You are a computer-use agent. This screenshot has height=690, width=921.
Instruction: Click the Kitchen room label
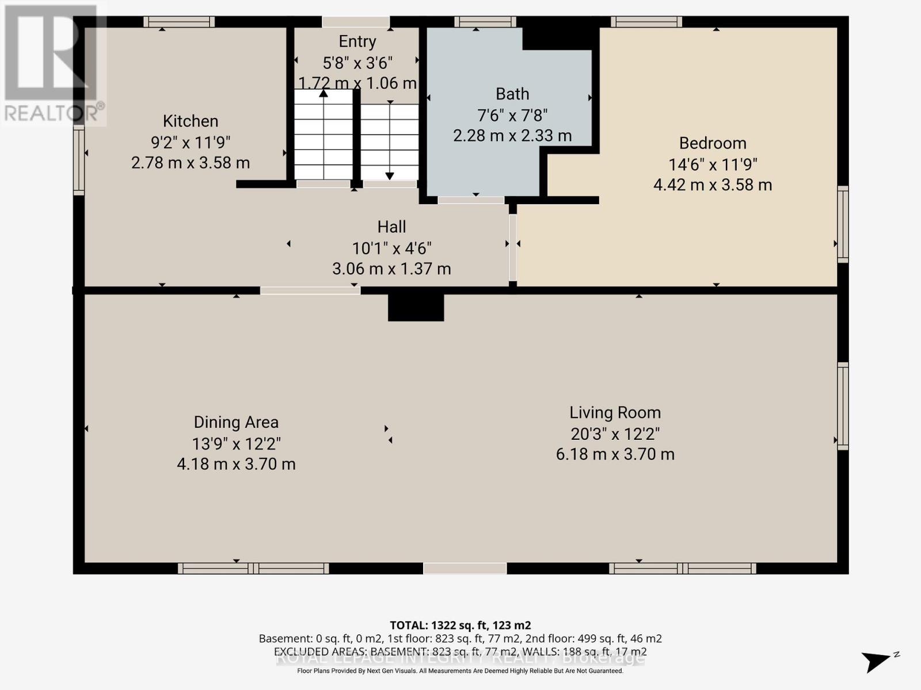pyautogui.click(x=191, y=121)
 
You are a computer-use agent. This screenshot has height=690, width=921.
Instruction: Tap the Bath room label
pyautogui.click(x=512, y=94)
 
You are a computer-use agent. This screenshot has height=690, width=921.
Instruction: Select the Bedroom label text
pyautogui.click(x=713, y=143)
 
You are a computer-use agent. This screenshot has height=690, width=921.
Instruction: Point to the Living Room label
pyautogui.click(x=615, y=413)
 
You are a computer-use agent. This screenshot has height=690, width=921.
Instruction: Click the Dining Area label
pyautogui.click(x=236, y=423)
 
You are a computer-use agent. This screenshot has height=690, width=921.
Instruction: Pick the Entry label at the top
pyautogui.click(x=357, y=41)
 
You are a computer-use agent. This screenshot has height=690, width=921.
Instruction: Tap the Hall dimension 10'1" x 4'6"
pyautogui.click(x=392, y=248)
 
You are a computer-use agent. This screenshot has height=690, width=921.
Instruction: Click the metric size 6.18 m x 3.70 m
pyautogui.click(x=615, y=454)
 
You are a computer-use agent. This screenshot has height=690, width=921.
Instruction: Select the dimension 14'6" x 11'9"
pyautogui.click(x=713, y=164)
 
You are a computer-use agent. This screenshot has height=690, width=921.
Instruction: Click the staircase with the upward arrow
pyautogui.click(x=324, y=135)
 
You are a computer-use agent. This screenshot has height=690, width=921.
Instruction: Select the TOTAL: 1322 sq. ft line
pyautogui.click(x=460, y=625)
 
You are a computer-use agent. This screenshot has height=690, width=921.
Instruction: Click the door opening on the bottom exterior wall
pyautogui.click(x=465, y=569)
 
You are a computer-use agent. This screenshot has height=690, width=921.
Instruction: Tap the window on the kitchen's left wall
pyautogui.click(x=79, y=160)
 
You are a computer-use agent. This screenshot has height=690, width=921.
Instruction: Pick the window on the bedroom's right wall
pyautogui.click(x=843, y=224)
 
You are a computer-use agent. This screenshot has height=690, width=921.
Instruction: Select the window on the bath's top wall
pyautogui.click(x=485, y=22)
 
